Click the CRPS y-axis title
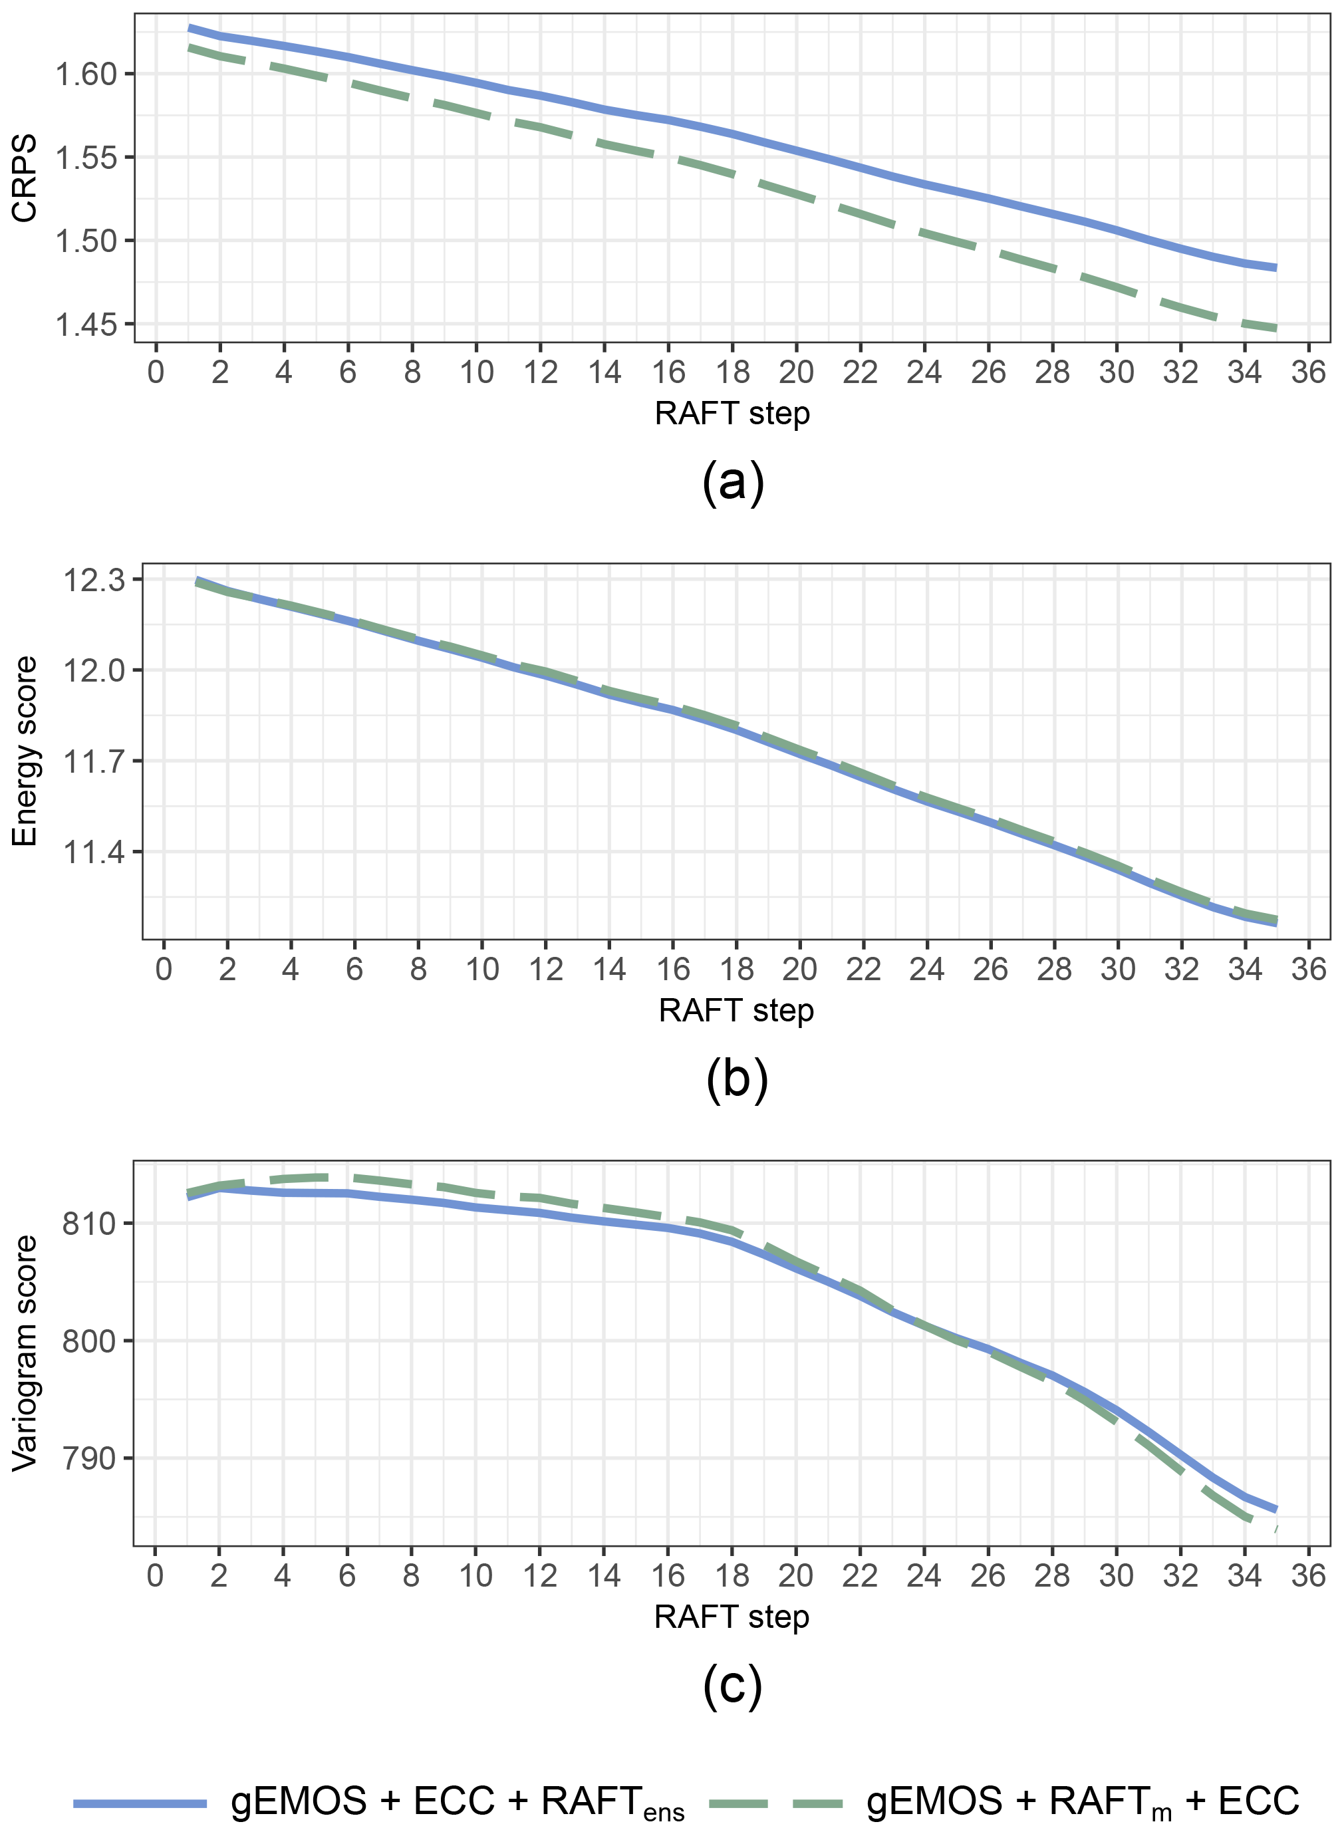point(25,178)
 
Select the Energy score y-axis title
point(25,751)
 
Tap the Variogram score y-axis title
point(25,1353)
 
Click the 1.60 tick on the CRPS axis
point(85,74)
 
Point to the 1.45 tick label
point(85,325)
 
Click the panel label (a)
point(732,483)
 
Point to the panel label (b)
point(736,1079)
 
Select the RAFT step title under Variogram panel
point(732,1617)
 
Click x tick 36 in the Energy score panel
point(1308,970)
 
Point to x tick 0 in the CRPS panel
point(156,372)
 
